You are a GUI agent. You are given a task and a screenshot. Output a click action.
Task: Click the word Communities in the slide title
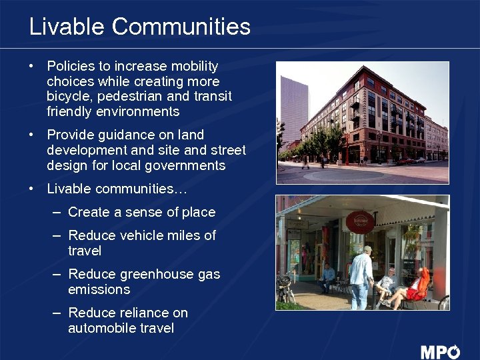coord(181,27)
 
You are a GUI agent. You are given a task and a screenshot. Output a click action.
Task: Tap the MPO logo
coord(440,351)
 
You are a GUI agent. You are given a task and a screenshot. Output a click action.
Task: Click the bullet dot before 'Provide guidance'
coord(31,135)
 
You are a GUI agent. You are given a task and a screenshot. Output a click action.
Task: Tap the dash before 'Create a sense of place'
coord(56,212)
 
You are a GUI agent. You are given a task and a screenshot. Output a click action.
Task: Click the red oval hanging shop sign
coord(360,221)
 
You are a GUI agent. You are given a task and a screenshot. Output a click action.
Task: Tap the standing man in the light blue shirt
coord(361,277)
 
